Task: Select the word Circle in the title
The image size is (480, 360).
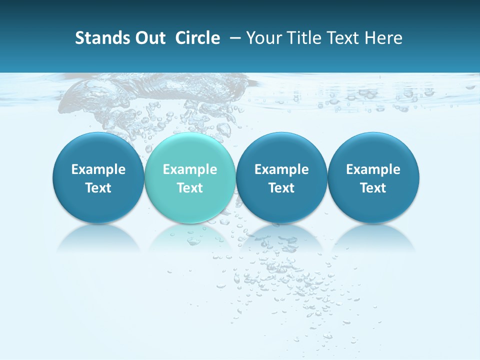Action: [x=197, y=38]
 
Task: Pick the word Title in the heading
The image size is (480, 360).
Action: [x=301, y=38]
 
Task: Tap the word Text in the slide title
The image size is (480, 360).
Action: [x=341, y=38]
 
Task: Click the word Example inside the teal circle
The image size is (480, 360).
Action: [x=190, y=169]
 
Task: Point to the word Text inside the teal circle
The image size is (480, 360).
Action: [x=190, y=188]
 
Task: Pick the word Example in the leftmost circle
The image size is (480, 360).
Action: [x=98, y=169]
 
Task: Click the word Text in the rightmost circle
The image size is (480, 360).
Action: [x=373, y=188]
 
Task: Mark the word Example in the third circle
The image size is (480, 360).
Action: [x=281, y=169]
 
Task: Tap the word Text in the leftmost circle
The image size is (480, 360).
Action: [x=98, y=188]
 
